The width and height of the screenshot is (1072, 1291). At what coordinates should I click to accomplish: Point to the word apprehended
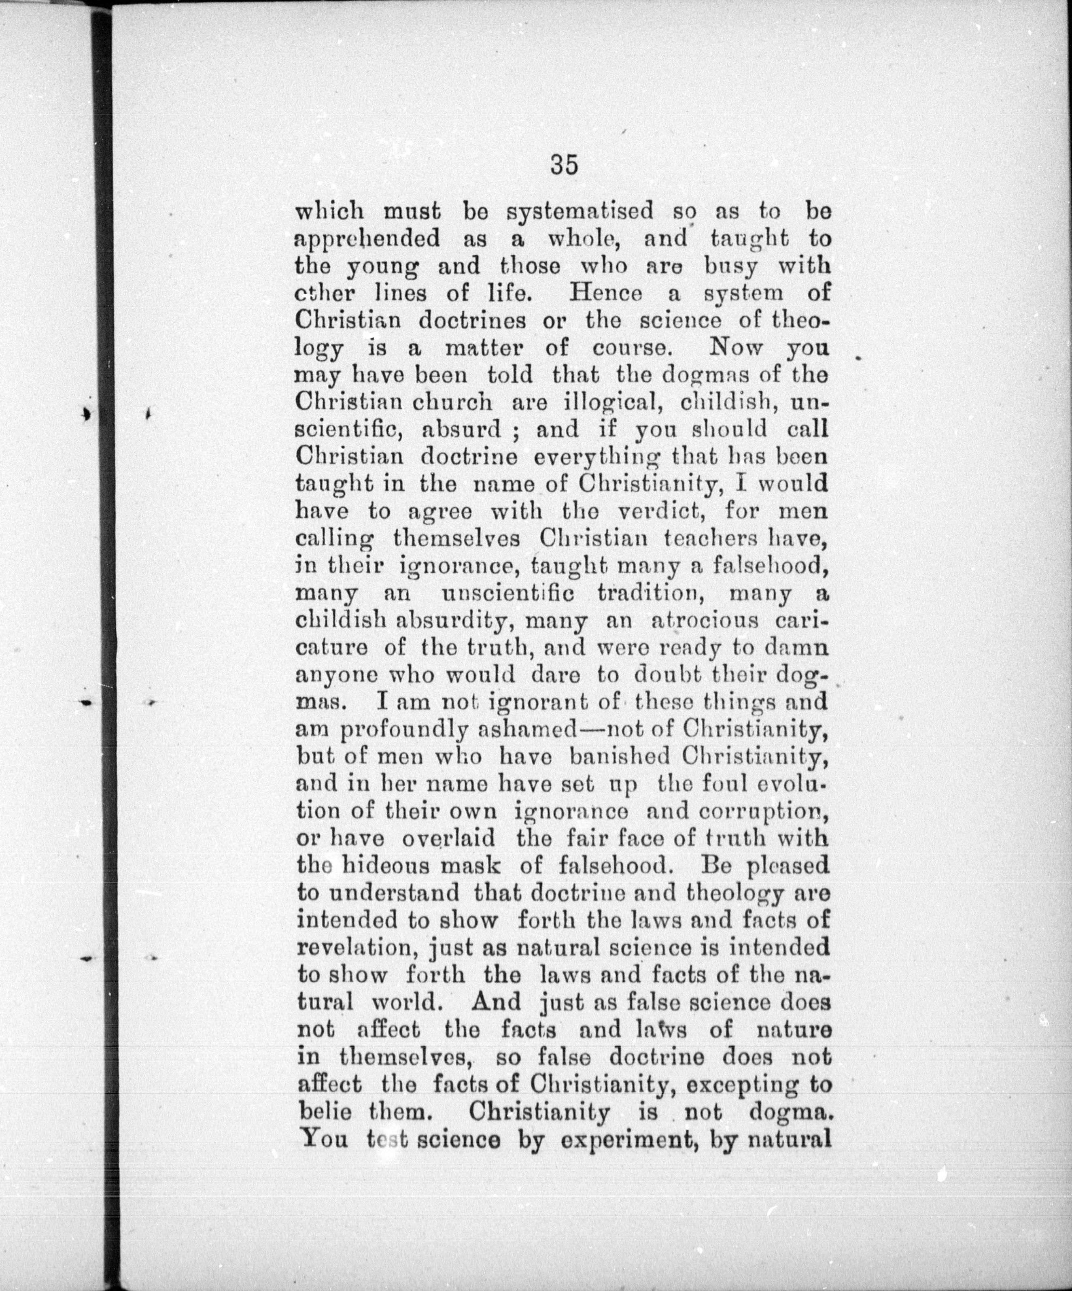367,239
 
